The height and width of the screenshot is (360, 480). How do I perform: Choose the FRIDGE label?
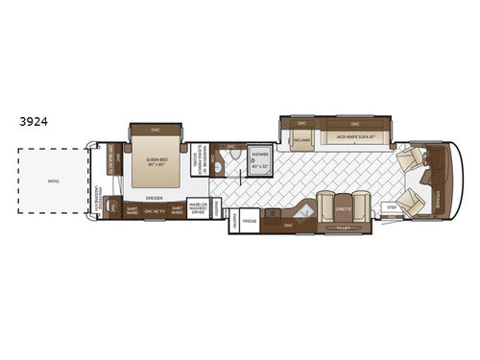[x=250, y=220]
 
